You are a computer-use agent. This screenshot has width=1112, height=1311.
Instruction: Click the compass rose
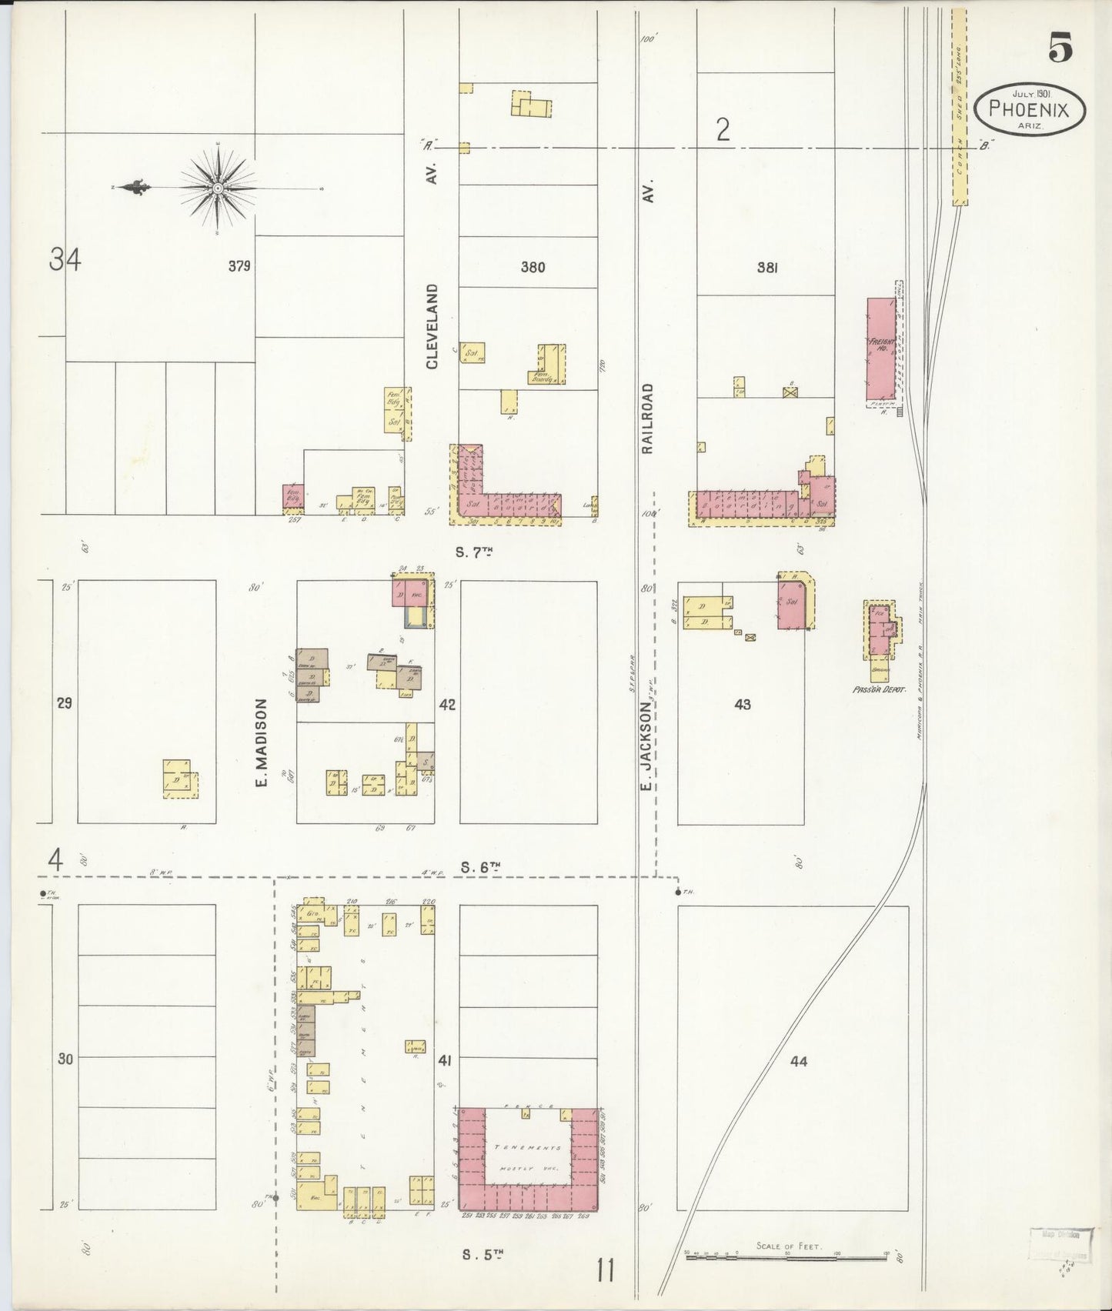[x=218, y=188]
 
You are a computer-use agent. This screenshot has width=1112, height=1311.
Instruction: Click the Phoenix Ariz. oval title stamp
[x=1029, y=110]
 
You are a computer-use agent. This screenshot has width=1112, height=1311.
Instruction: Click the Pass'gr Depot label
[x=879, y=689]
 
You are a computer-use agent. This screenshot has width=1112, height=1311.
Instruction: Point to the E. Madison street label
[x=261, y=742]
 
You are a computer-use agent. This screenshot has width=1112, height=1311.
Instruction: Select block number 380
[x=533, y=268]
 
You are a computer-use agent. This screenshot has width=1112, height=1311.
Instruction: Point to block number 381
[x=767, y=268]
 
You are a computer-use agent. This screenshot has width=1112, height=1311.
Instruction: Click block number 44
[x=799, y=1061]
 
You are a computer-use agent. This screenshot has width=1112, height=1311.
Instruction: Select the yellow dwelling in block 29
[x=179, y=778]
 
